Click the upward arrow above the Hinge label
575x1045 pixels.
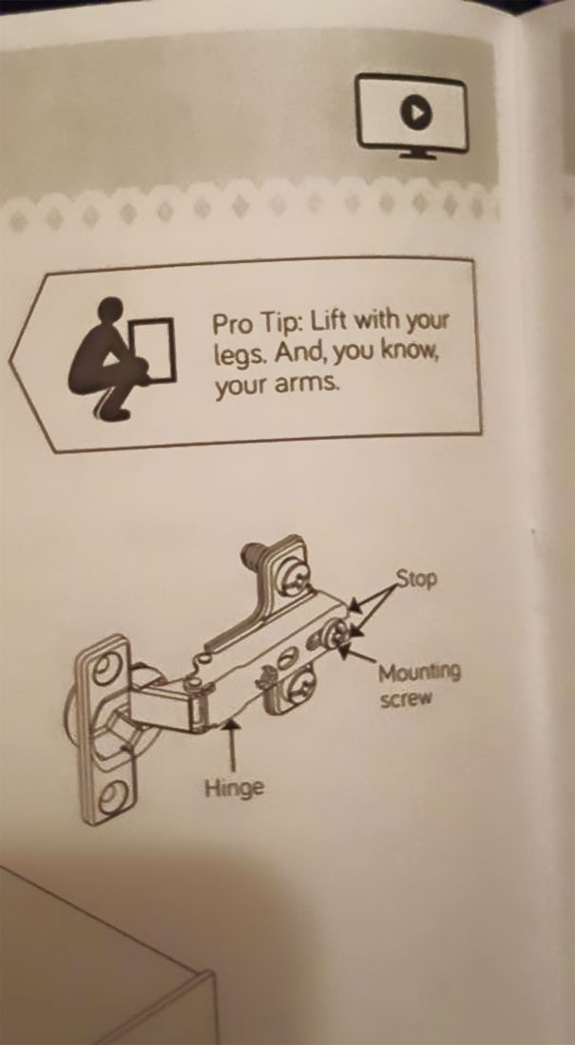coord(228,741)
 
